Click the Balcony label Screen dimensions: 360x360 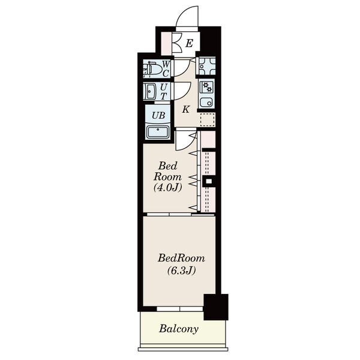point(179,329)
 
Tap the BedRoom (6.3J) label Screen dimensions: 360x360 point(181,264)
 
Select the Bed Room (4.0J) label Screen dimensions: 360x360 point(168,176)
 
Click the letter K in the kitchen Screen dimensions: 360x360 point(185,110)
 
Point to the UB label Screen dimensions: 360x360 point(158,115)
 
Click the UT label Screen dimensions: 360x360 point(163,91)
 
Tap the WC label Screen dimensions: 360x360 point(166,68)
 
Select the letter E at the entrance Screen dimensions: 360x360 point(189,43)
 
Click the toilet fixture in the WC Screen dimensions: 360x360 point(152,68)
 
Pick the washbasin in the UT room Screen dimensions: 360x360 point(151,92)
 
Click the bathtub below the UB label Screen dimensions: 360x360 point(158,132)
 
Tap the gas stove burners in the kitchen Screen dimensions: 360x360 point(206,87)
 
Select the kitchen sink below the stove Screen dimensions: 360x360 point(206,102)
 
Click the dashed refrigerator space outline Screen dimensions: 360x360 point(208,119)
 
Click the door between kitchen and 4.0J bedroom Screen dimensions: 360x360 point(186,141)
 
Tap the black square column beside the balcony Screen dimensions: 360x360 point(216,307)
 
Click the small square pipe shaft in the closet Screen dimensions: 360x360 point(209,181)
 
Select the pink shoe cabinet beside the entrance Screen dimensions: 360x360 point(166,44)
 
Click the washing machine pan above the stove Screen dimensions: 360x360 point(208,66)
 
